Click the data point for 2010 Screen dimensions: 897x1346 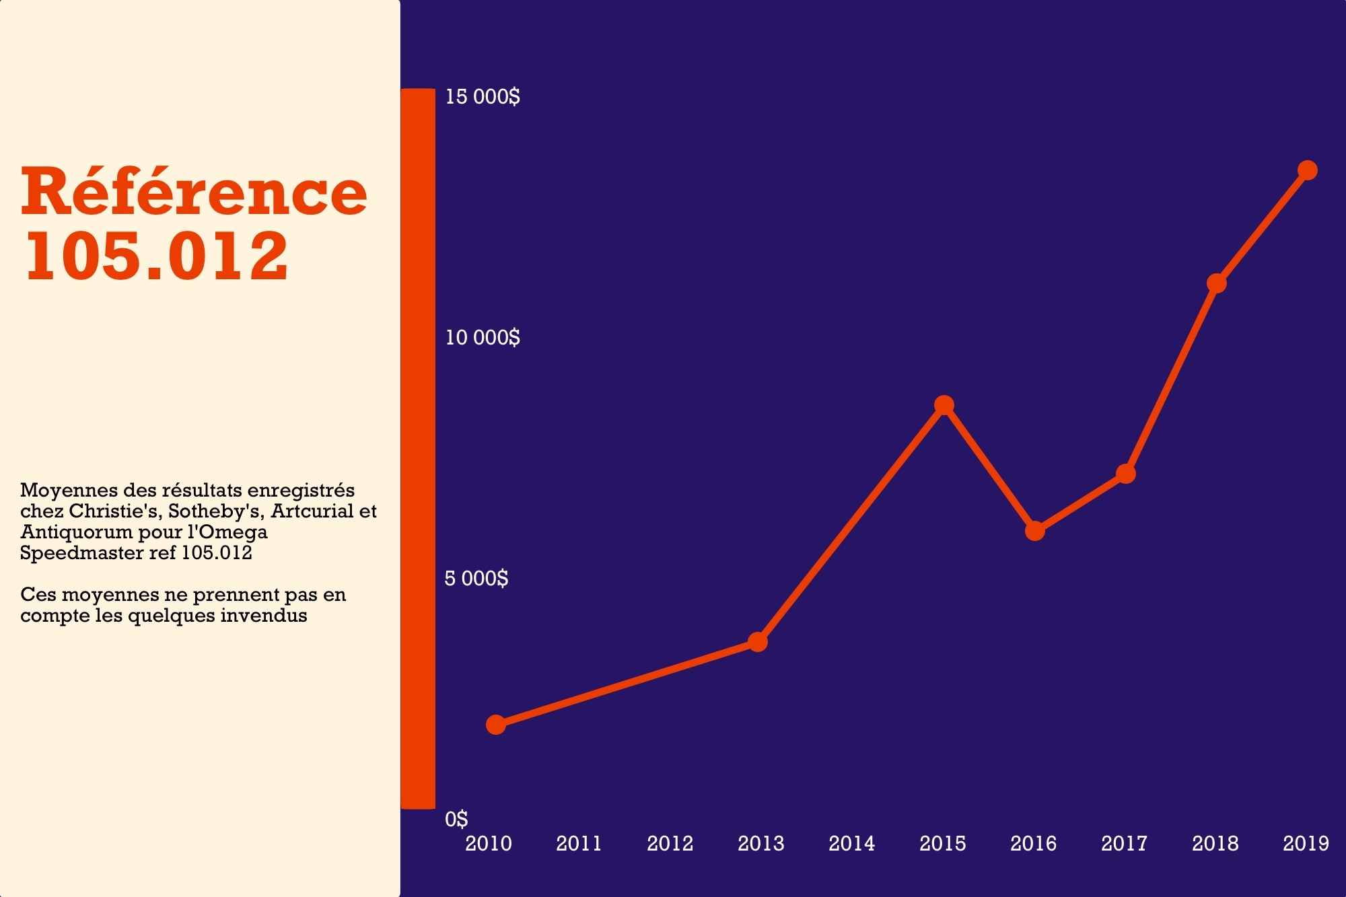pyautogui.click(x=496, y=725)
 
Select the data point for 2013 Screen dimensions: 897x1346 pyautogui.click(x=758, y=642)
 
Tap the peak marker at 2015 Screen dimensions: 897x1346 pyautogui.click(x=944, y=405)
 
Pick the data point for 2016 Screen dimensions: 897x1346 pyautogui.click(x=1035, y=531)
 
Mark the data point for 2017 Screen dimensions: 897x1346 pyautogui.click(x=1126, y=474)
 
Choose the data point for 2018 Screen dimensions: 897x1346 pyautogui.click(x=1217, y=283)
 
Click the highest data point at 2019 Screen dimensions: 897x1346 pyautogui.click(x=1308, y=170)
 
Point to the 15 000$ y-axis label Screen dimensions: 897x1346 pyautogui.click(x=483, y=97)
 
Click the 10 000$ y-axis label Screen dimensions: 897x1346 pyautogui.click(x=483, y=338)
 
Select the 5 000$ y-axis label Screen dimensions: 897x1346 pyautogui.click(x=476, y=579)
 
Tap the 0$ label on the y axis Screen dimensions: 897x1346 pyautogui.click(x=456, y=819)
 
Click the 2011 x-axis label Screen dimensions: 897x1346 pyautogui.click(x=579, y=844)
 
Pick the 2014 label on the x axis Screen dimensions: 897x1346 pyautogui.click(x=851, y=844)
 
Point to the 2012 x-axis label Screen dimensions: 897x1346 pyautogui.click(x=670, y=844)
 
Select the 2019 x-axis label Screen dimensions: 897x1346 pyautogui.click(x=1306, y=844)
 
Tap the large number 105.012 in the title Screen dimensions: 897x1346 pyautogui.click(x=157, y=256)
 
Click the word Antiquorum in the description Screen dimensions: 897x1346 pyautogui.click(x=76, y=532)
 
